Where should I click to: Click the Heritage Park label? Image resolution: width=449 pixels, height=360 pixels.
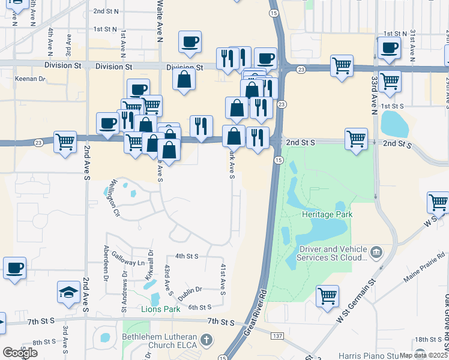pos(327,214)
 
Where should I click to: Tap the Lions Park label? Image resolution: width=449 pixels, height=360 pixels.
pos(160,310)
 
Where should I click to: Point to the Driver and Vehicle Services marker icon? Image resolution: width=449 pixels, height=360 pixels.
pos(376,250)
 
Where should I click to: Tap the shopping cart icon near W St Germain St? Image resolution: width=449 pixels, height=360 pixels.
pos(327,295)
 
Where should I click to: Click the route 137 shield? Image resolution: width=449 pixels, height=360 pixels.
pos(277,335)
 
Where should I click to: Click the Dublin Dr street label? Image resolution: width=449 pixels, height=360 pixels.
pos(190,290)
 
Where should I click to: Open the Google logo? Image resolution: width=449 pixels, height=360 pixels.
pos(20,352)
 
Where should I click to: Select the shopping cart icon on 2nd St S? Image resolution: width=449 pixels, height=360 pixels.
pos(356,139)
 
